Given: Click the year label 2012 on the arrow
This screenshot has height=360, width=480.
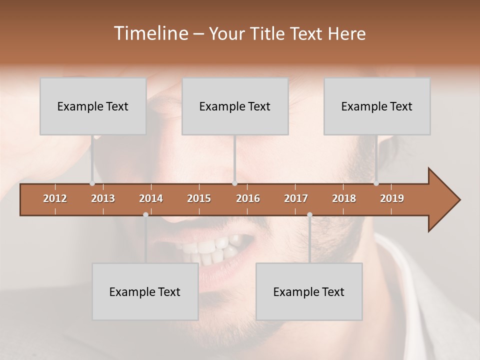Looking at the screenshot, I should coord(55,198).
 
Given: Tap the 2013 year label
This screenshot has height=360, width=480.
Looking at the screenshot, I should coord(103,198).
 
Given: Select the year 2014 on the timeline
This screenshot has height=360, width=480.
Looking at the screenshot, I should coord(151,198).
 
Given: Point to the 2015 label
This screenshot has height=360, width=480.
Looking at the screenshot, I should coord(199,198).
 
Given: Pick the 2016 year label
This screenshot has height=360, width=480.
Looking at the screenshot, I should coord(248,198).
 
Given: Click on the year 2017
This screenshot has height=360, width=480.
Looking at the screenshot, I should coord(296,198).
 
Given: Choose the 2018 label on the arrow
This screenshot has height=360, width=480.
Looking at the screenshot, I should coord(344,198).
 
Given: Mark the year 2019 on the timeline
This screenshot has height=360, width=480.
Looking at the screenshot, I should coord(392,198).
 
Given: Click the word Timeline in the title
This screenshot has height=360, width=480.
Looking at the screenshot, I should coord(150,33).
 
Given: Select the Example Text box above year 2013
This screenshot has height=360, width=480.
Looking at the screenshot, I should coord(93,106).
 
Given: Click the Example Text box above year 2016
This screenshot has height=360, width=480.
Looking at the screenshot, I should coord(235,106).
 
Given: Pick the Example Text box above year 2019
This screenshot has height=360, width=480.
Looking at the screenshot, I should coord(377,106).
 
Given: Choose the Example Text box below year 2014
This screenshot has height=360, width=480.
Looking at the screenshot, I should coord(145,292).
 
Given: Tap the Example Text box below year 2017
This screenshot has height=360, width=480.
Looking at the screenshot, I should coord(309,292).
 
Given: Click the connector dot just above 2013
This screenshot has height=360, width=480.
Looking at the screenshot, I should coord(92,183).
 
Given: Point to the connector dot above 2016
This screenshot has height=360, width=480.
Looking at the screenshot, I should coord(234,183).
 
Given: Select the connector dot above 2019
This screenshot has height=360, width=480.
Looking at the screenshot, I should coord(376,183).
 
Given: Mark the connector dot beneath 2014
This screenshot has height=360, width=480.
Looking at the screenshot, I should coord(145,214).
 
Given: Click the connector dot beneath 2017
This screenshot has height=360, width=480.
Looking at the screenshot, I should coord(309,214).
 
